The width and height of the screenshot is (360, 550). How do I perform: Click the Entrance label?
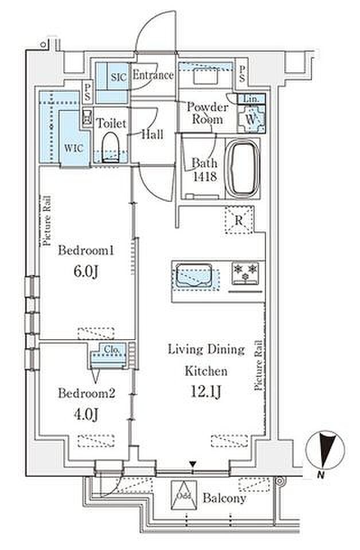coord(153,75)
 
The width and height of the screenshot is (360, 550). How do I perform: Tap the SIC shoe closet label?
coord(119,77)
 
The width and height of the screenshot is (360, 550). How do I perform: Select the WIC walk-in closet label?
coord(74,148)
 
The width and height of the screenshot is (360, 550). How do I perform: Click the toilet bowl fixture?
coord(111,147)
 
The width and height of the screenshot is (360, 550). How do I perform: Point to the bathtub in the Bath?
coord(242,169)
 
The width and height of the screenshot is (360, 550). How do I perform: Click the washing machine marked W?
coord(251,119)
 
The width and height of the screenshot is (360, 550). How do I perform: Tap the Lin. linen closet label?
coord(251,99)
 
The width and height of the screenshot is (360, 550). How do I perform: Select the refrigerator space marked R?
coord(239,220)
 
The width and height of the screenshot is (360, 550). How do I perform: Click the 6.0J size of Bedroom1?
coord(85,271)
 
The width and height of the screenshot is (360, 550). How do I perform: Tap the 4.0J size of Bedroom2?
coord(85,414)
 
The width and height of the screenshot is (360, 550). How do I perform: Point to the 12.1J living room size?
coord(205,391)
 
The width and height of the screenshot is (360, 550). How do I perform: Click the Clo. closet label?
coord(112,349)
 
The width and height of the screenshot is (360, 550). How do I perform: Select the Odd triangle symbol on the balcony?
coord(184,495)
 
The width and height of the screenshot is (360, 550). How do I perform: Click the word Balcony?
coord(224,498)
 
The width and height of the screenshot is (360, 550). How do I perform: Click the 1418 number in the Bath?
coord(205,176)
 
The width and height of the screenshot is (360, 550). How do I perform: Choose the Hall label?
coord(152,134)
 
